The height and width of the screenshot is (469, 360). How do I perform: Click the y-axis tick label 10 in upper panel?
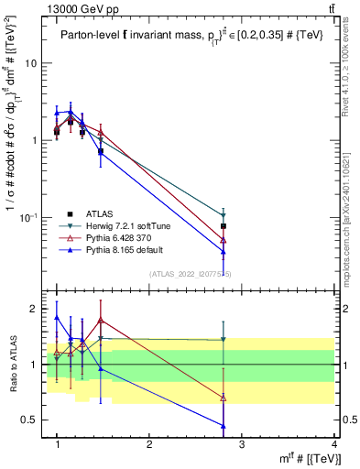(x=31, y=63)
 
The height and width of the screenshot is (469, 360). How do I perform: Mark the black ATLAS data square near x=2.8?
(x=224, y=225)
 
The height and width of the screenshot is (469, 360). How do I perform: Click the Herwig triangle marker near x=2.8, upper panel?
(x=224, y=216)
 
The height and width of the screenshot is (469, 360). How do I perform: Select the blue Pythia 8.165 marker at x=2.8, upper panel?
(x=224, y=252)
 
